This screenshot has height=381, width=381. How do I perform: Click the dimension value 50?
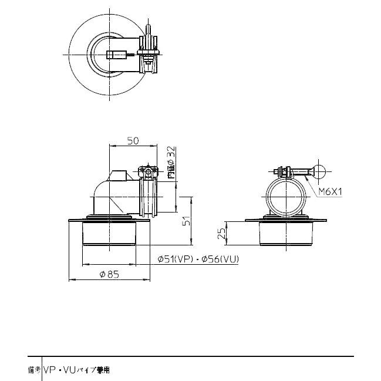click(x=133, y=141)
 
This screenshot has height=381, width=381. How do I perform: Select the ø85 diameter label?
click(x=110, y=273)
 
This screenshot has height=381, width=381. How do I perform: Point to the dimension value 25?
click(x=221, y=233)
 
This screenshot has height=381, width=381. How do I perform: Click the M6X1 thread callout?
click(x=331, y=191)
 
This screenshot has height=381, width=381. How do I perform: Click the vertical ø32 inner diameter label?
click(x=170, y=163)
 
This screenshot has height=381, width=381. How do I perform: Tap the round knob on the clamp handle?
click(x=319, y=171)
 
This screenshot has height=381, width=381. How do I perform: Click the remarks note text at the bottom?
click(x=76, y=370)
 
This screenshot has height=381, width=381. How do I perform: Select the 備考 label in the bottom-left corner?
click(x=33, y=370)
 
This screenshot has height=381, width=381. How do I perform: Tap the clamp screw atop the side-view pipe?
click(x=146, y=171)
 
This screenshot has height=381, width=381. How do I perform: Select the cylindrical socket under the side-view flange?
click(x=109, y=235)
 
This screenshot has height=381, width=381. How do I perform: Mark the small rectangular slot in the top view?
click(x=116, y=56)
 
